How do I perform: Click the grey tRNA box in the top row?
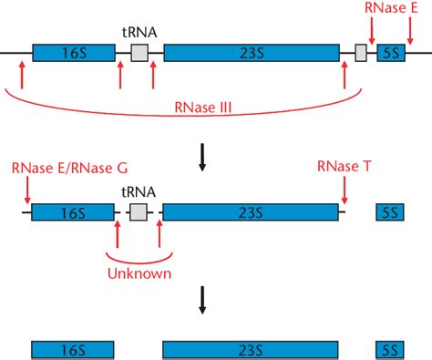click(x=139, y=53)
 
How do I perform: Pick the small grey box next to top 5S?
click(x=361, y=53)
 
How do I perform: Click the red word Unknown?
click(x=139, y=272)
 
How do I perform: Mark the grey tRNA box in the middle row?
click(x=139, y=212)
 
